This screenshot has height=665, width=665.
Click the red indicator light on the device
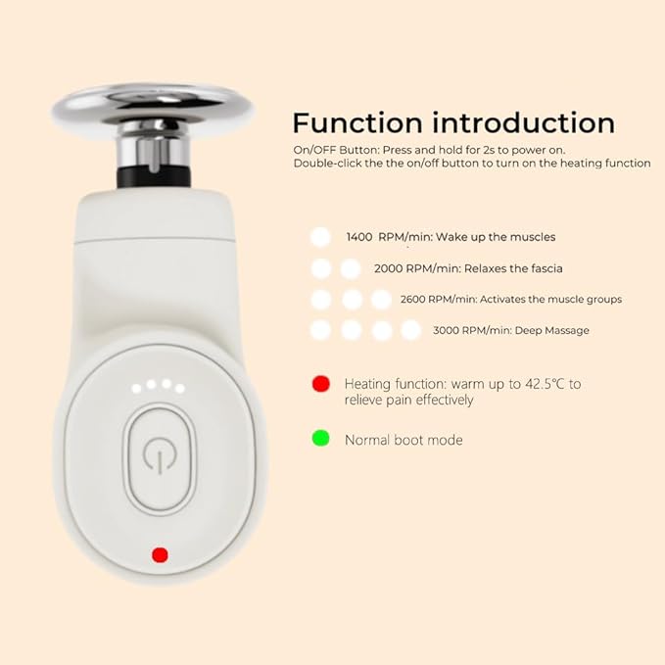point(160,554)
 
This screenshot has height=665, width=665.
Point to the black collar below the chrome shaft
point(154,177)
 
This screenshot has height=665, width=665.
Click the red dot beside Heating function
point(321,384)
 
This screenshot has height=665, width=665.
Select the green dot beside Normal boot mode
point(321,438)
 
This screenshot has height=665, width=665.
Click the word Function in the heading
point(357,123)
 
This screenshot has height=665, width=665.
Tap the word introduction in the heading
point(524,123)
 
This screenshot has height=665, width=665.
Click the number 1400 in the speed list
point(359,237)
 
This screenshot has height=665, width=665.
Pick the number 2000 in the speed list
point(389,269)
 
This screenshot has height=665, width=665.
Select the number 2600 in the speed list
point(412,300)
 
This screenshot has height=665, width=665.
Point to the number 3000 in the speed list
point(446,331)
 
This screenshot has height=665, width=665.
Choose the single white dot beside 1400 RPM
point(320,237)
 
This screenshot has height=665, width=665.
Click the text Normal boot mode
point(404,440)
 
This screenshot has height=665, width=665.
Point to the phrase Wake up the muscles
point(496,237)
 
